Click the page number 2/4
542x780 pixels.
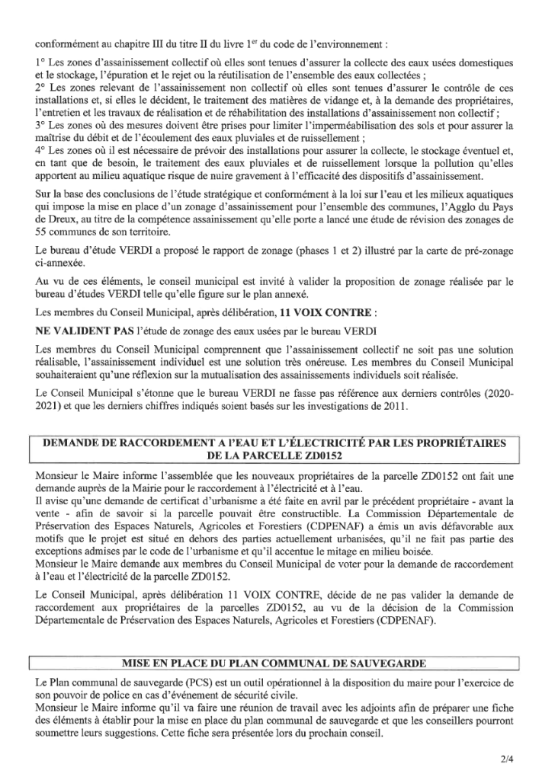click(508, 758)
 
